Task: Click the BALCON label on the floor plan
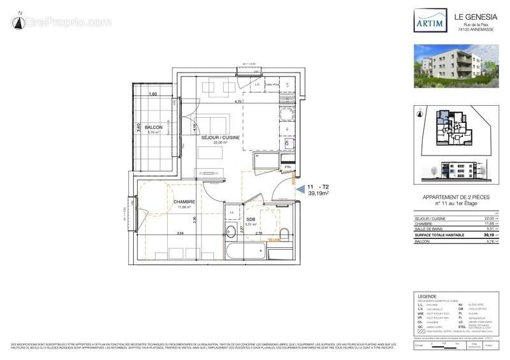[154, 127]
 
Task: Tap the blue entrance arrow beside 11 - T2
[300, 187]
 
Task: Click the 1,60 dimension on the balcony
[152, 94]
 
